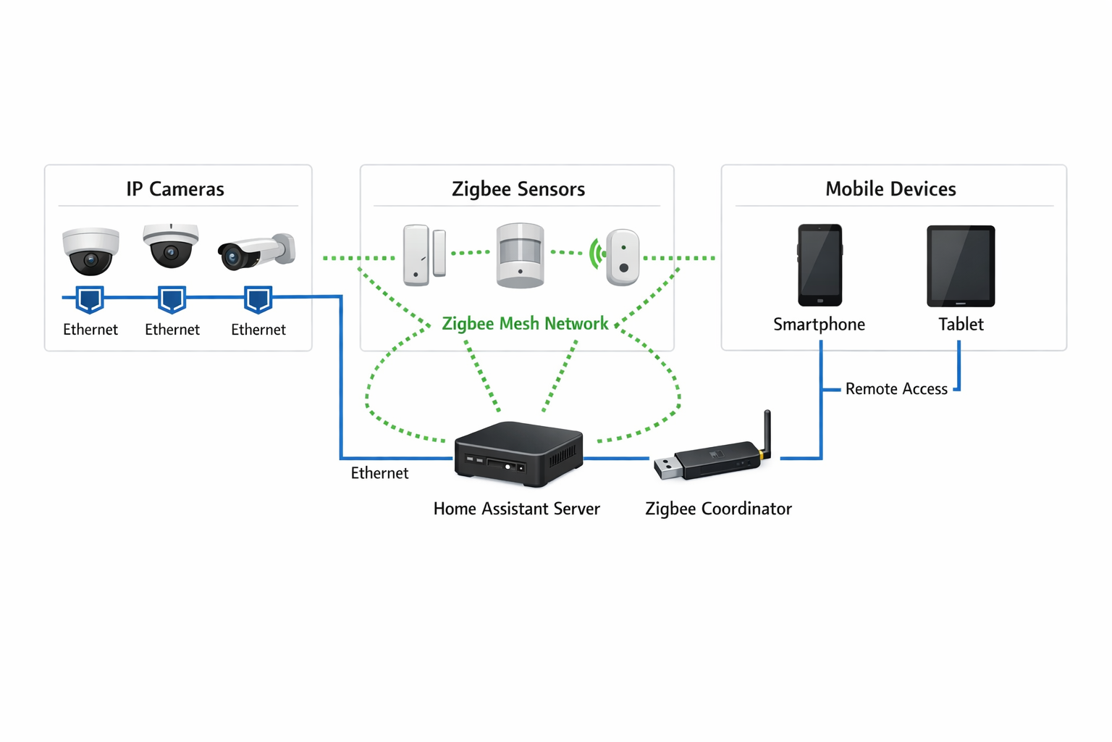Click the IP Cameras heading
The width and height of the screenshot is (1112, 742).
(x=175, y=189)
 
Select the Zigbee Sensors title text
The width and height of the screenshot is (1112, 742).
(x=518, y=189)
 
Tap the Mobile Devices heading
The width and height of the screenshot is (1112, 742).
(x=890, y=189)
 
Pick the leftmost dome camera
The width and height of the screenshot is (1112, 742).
(x=90, y=251)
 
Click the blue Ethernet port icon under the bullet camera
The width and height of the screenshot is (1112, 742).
(x=258, y=299)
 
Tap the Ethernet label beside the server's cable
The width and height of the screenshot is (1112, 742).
(x=379, y=473)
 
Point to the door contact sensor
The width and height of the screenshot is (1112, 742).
(x=424, y=255)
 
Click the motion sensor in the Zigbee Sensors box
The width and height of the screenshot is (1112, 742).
(x=520, y=255)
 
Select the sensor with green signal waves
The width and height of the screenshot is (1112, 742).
(x=621, y=257)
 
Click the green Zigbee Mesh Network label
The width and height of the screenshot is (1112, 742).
(x=525, y=324)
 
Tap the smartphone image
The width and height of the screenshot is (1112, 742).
(x=820, y=265)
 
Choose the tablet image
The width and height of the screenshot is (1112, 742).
(x=961, y=266)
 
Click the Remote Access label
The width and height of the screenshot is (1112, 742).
(x=896, y=389)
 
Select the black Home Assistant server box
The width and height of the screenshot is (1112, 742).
(x=518, y=454)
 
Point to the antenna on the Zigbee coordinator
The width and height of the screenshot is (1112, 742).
(x=767, y=432)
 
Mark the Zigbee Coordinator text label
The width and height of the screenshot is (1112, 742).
(x=718, y=509)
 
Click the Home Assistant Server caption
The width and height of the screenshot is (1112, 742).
(x=516, y=509)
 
